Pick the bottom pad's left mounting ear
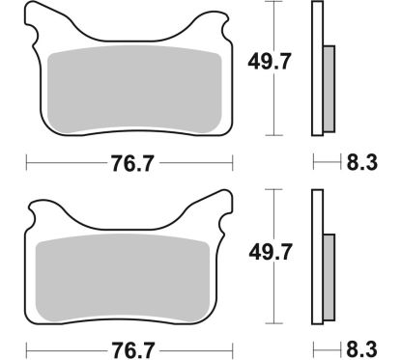pos(46,208)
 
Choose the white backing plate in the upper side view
pos(316,68)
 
